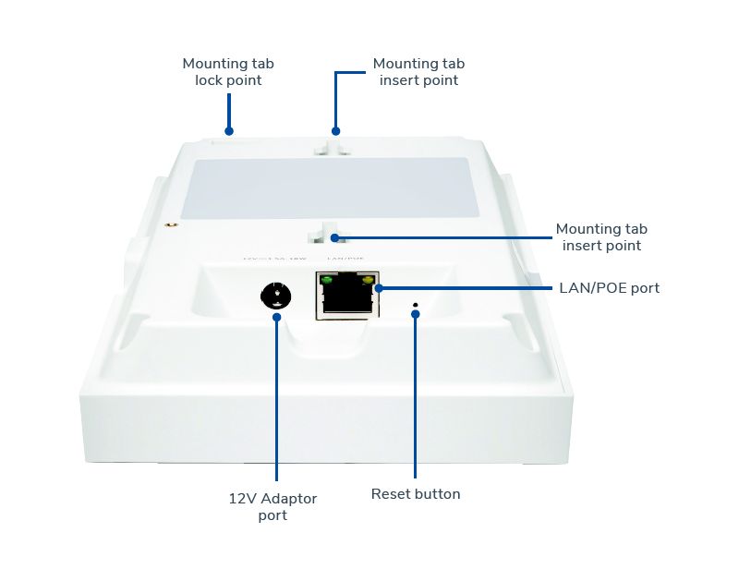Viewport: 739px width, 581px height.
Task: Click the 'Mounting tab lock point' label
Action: pyautogui.click(x=228, y=72)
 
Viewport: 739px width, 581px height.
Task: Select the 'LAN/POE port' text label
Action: pyautogui.click(x=609, y=288)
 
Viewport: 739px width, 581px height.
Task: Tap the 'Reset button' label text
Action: pyautogui.click(x=416, y=494)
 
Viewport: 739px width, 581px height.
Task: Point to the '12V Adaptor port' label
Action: pyautogui.click(x=273, y=506)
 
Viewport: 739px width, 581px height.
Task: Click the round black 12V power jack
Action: pyautogui.click(x=275, y=296)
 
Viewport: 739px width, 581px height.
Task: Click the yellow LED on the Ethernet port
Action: pyautogui.click(x=369, y=279)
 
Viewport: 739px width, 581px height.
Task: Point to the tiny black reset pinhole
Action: pyautogui.click(x=415, y=304)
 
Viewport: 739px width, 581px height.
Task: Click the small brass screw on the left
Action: pyautogui.click(x=170, y=224)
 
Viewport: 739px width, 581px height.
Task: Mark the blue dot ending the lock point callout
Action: pyautogui.click(x=229, y=131)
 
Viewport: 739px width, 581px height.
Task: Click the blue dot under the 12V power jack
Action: pyautogui.click(x=276, y=317)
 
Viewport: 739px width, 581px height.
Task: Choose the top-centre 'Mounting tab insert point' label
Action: pyautogui.click(x=418, y=72)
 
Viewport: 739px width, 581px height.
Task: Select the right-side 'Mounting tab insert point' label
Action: pyautogui.click(x=601, y=237)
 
